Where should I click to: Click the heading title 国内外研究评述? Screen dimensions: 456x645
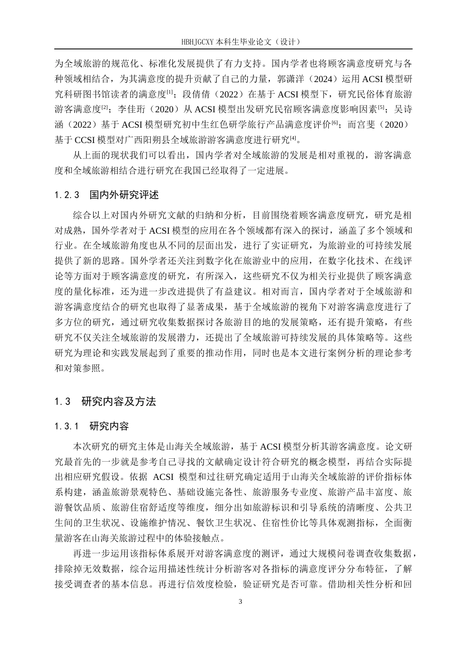coord(124,195)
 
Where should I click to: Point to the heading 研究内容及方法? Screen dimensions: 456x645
coord(119,402)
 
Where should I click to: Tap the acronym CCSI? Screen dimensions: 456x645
coord(87,140)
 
